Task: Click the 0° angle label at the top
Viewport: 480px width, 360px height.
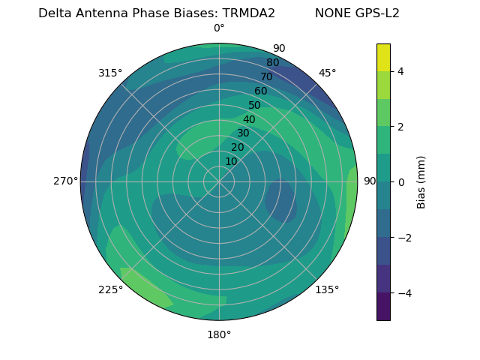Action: click(x=219, y=28)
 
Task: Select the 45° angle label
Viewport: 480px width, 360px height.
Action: click(x=327, y=73)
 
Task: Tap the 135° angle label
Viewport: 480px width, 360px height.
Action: click(x=327, y=289)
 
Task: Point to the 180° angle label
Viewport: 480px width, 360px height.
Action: click(x=219, y=334)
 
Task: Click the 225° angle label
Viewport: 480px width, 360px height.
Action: click(x=110, y=289)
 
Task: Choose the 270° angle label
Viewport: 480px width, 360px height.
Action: click(x=65, y=181)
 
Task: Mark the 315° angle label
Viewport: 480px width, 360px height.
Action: click(x=110, y=73)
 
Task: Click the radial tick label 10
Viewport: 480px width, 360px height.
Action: click(x=231, y=161)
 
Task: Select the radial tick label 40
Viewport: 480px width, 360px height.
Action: click(x=249, y=119)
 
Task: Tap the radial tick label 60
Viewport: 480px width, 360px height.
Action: click(x=260, y=91)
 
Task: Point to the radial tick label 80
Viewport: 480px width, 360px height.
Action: click(x=272, y=62)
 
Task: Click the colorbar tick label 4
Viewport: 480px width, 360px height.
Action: click(x=400, y=71)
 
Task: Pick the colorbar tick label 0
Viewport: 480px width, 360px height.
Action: click(x=400, y=182)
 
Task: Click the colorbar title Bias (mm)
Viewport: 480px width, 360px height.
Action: click(x=421, y=182)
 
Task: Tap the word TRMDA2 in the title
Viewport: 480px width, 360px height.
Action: click(x=248, y=13)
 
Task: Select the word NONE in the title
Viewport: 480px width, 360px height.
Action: click(x=331, y=13)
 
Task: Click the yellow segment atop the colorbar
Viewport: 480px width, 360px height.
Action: click(x=383, y=57)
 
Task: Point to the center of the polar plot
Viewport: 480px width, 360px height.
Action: click(x=219, y=181)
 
